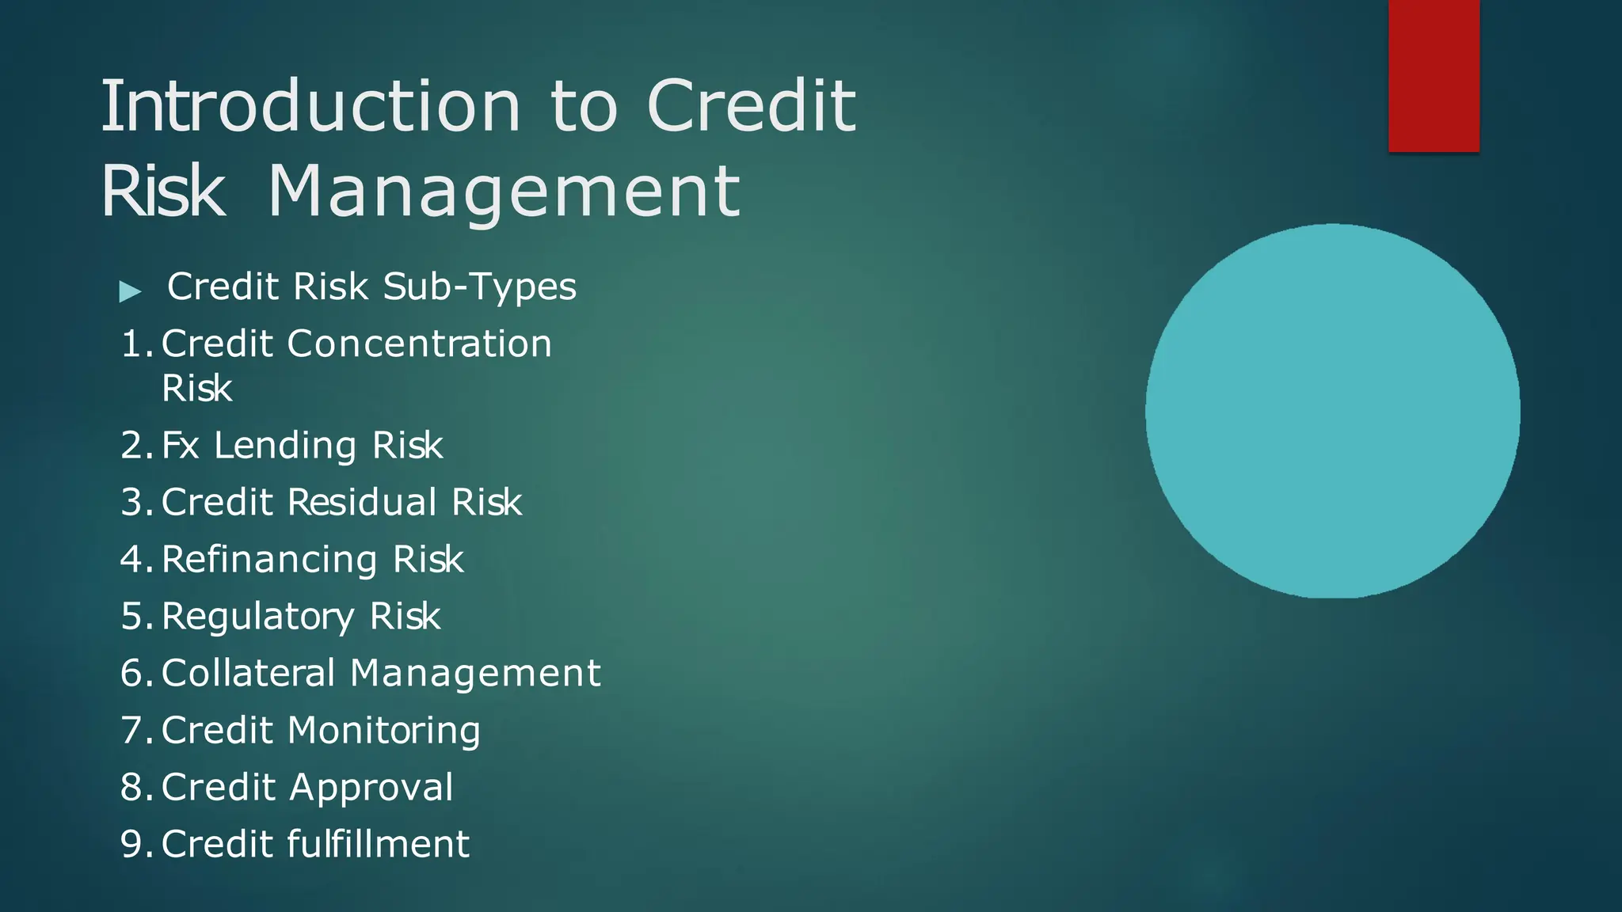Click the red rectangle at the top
(x=1434, y=75)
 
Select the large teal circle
(x=1332, y=411)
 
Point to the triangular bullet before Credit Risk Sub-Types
(x=130, y=291)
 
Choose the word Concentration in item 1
(x=419, y=344)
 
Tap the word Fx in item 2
(x=181, y=445)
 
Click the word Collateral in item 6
(x=249, y=674)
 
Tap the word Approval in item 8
(x=371, y=788)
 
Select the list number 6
(x=133, y=674)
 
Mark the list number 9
(x=133, y=844)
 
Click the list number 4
(x=133, y=560)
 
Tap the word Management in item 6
(x=475, y=674)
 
